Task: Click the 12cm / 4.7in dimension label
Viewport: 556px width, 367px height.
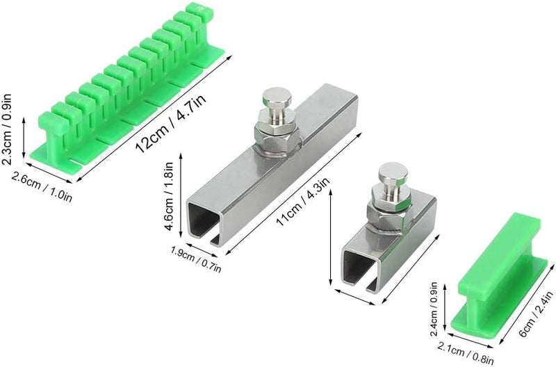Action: (x=171, y=124)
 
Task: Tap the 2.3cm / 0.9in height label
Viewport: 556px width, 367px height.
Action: (x=7, y=129)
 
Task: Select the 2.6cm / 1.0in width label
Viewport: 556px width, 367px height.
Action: (x=42, y=186)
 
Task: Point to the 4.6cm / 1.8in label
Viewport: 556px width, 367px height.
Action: (x=169, y=196)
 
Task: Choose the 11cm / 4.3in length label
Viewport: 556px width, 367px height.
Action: (x=303, y=201)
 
